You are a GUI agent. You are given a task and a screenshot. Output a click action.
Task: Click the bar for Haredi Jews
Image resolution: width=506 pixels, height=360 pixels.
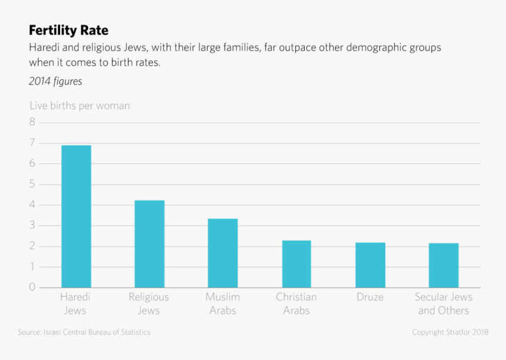(x=76, y=216)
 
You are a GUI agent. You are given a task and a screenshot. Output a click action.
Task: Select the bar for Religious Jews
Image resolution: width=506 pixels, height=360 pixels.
(x=149, y=244)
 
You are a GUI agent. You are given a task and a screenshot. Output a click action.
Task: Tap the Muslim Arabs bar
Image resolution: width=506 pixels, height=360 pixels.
(x=222, y=253)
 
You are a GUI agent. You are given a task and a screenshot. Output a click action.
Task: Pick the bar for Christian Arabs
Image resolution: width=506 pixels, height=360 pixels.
(x=297, y=264)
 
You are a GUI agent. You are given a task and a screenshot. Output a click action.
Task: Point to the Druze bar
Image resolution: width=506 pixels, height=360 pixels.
(x=370, y=265)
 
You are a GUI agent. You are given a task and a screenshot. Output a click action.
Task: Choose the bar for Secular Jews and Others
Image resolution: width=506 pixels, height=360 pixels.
(x=444, y=265)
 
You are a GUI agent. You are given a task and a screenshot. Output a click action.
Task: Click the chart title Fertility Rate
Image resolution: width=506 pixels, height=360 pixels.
(x=68, y=30)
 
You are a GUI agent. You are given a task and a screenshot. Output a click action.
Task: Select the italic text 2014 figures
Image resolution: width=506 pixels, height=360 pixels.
(x=55, y=82)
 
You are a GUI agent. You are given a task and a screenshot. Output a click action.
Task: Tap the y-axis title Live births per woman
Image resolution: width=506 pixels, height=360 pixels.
(x=79, y=106)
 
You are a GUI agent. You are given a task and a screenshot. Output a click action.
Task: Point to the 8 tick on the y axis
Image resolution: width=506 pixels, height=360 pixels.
(x=32, y=122)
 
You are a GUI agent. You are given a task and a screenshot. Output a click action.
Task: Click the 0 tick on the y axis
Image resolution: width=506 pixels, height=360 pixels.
(x=32, y=288)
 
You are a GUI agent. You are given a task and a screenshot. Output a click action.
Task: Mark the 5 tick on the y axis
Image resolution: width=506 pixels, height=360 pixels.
(x=32, y=184)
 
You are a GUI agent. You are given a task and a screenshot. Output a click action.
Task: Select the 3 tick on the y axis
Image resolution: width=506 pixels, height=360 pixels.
(x=32, y=225)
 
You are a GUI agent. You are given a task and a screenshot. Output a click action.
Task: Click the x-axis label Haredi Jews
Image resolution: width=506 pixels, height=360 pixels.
(x=75, y=304)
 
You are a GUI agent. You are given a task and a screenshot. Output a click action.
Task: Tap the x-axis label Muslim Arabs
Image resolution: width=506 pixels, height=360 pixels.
(x=222, y=304)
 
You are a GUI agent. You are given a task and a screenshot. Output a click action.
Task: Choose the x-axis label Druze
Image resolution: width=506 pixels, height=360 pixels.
(x=370, y=297)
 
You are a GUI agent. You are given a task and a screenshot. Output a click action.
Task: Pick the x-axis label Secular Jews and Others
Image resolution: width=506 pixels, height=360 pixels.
(x=444, y=304)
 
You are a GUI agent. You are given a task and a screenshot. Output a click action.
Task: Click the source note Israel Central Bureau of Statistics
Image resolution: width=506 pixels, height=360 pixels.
(x=84, y=332)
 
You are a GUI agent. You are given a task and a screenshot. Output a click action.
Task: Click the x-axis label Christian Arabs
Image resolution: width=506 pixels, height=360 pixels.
(x=296, y=304)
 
